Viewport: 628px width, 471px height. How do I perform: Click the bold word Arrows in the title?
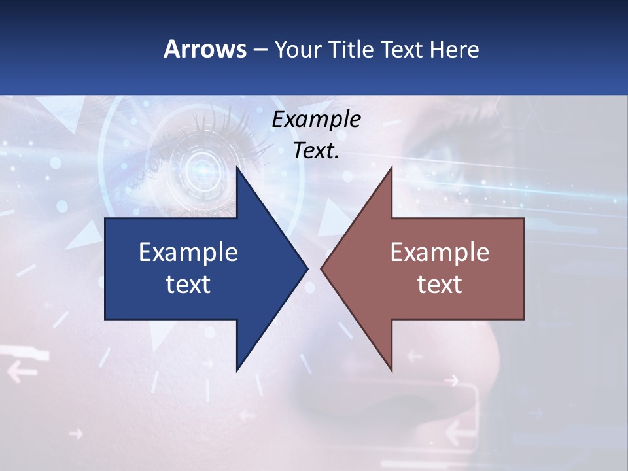click(204, 49)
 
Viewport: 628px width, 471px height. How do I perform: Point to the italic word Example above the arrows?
click(316, 120)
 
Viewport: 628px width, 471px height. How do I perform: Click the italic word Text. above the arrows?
click(316, 151)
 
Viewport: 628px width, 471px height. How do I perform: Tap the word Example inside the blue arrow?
click(188, 253)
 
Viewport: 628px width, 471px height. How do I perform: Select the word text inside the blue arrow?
click(188, 285)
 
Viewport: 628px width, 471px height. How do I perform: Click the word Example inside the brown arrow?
click(440, 253)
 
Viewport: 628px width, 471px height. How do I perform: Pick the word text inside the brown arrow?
click(440, 285)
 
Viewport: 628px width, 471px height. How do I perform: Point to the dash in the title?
click(259, 49)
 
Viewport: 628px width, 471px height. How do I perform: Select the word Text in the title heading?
click(401, 49)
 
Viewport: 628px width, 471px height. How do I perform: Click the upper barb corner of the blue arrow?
click(237, 169)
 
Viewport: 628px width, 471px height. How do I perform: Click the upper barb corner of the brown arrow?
click(391, 169)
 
